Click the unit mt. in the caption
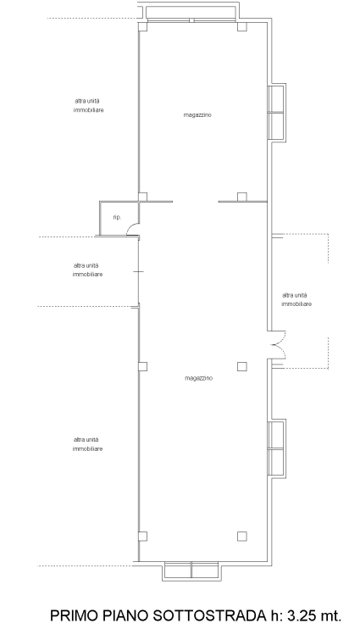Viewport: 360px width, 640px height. click(331, 616)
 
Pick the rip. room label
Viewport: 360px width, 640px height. click(117, 218)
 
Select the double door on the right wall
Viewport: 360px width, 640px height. click(278, 345)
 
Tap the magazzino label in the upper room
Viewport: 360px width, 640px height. click(197, 115)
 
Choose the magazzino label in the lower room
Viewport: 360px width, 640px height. click(198, 378)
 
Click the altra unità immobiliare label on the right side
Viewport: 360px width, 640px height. click(296, 299)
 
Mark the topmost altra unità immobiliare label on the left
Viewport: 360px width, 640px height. click(88, 105)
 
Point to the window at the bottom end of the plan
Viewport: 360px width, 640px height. click(191, 570)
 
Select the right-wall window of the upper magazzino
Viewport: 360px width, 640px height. click(276, 113)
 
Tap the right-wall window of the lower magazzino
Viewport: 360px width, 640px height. click(276, 448)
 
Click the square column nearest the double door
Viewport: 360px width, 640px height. click(242, 366)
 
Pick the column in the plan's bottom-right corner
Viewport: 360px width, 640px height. click(242, 537)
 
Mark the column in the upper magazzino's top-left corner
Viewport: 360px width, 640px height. click(142, 27)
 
